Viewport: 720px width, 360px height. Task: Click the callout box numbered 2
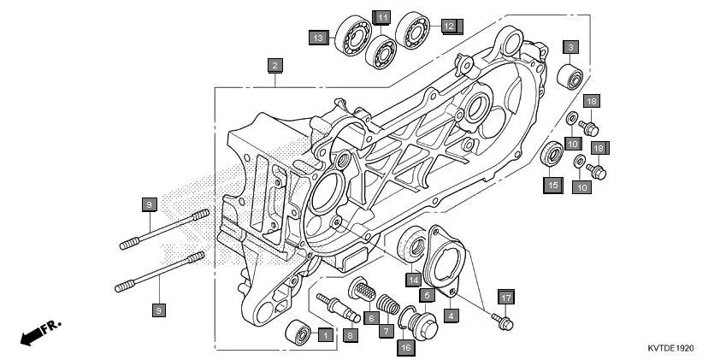pyautogui.click(x=274, y=65)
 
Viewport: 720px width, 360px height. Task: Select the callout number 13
pyautogui.click(x=318, y=38)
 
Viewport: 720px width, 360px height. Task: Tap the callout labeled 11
pyautogui.click(x=381, y=17)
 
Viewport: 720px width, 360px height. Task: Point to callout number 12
pyautogui.click(x=449, y=26)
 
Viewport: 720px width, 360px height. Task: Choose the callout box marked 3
pyautogui.click(x=570, y=46)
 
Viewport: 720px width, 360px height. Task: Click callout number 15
pyautogui.click(x=552, y=185)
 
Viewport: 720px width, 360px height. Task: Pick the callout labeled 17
pyautogui.click(x=505, y=298)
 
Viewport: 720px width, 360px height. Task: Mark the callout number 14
pyautogui.click(x=414, y=279)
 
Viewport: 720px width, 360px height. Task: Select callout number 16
pyautogui.click(x=405, y=346)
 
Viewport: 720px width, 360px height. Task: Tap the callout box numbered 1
pyautogui.click(x=324, y=335)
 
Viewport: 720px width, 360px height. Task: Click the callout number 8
pyautogui.click(x=350, y=336)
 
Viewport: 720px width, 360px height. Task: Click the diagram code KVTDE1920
pyautogui.click(x=671, y=349)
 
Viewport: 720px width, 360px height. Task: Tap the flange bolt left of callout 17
pyautogui.click(x=501, y=322)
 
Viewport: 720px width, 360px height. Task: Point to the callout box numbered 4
pyautogui.click(x=450, y=315)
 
